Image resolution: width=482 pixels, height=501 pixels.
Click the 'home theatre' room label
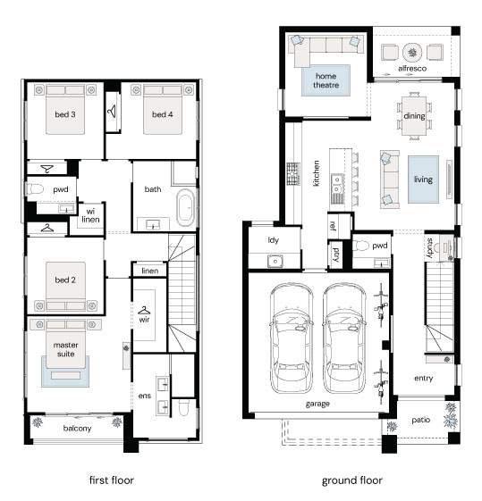click(326, 80)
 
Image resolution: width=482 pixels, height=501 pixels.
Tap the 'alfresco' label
click(412, 69)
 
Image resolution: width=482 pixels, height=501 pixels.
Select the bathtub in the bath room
click(186, 208)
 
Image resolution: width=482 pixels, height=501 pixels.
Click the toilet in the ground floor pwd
click(362, 246)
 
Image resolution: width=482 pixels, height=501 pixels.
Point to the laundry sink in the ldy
click(275, 262)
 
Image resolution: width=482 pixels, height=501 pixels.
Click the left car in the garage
click(291, 338)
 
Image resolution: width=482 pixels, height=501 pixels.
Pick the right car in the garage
click(344, 338)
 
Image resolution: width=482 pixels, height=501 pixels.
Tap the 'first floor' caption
click(112, 480)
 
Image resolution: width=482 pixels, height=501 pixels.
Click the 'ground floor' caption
click(351, 480)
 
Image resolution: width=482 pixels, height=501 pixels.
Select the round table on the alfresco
click(412, 53)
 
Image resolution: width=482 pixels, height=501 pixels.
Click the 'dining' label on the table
click(414, 116)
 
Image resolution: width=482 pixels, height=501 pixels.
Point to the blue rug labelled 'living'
click(423, 180)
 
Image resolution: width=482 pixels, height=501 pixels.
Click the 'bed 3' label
click(65, 114)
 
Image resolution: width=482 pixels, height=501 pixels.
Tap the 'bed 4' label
click(163, 114)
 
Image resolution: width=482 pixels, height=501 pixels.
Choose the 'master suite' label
click(66, 349)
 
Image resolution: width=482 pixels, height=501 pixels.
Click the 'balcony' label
click(78, 429)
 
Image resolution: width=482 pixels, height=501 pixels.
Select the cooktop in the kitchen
click(293, 174)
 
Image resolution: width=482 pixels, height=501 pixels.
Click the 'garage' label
click(317, 405)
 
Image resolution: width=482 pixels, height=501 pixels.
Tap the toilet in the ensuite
click(184, 408)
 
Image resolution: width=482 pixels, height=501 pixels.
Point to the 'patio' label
click(421, 420)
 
